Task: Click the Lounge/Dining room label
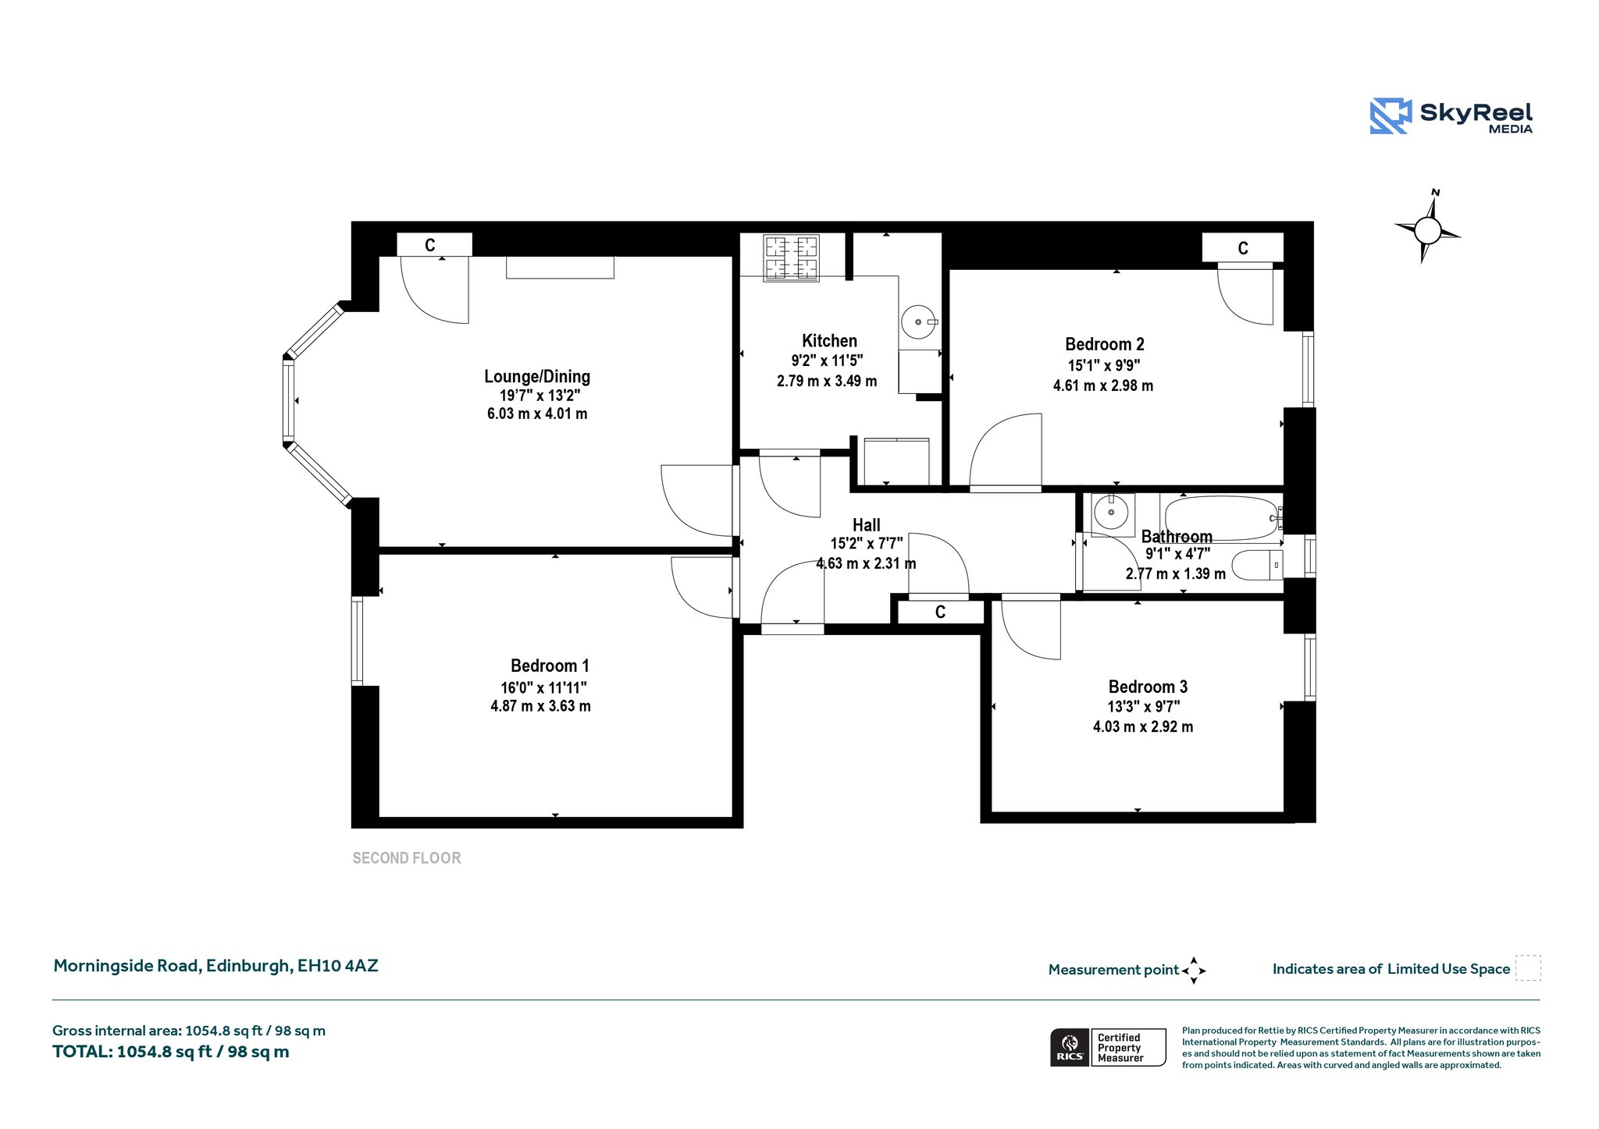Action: [x=537, y=377]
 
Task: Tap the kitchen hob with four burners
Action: [x=792, y=258]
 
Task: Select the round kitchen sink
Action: [x=919, y=321]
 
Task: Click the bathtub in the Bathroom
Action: [x=1222, y=518]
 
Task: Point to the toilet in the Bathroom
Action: [x=1257, y=565]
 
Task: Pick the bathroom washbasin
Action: [x=1113, y=514]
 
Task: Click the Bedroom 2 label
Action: [x=1104, y=344]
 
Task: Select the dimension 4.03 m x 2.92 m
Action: [x=1143, y=726]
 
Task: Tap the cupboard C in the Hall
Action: [x=941, y=612]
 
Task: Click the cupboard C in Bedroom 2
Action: [x=1243, y=248]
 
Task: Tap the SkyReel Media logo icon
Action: [x=1391, y=116]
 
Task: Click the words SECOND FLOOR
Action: [x=407, y=858]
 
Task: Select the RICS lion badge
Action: [x=1070, y=1047]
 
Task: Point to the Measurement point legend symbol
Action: [x=1194, y=971]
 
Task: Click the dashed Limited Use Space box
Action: [x=1528, y=968]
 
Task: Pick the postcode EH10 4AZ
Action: [x=337, y=966]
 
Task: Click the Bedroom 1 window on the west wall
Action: [x=358, y=641]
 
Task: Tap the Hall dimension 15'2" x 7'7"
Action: [x=867, y=544]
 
